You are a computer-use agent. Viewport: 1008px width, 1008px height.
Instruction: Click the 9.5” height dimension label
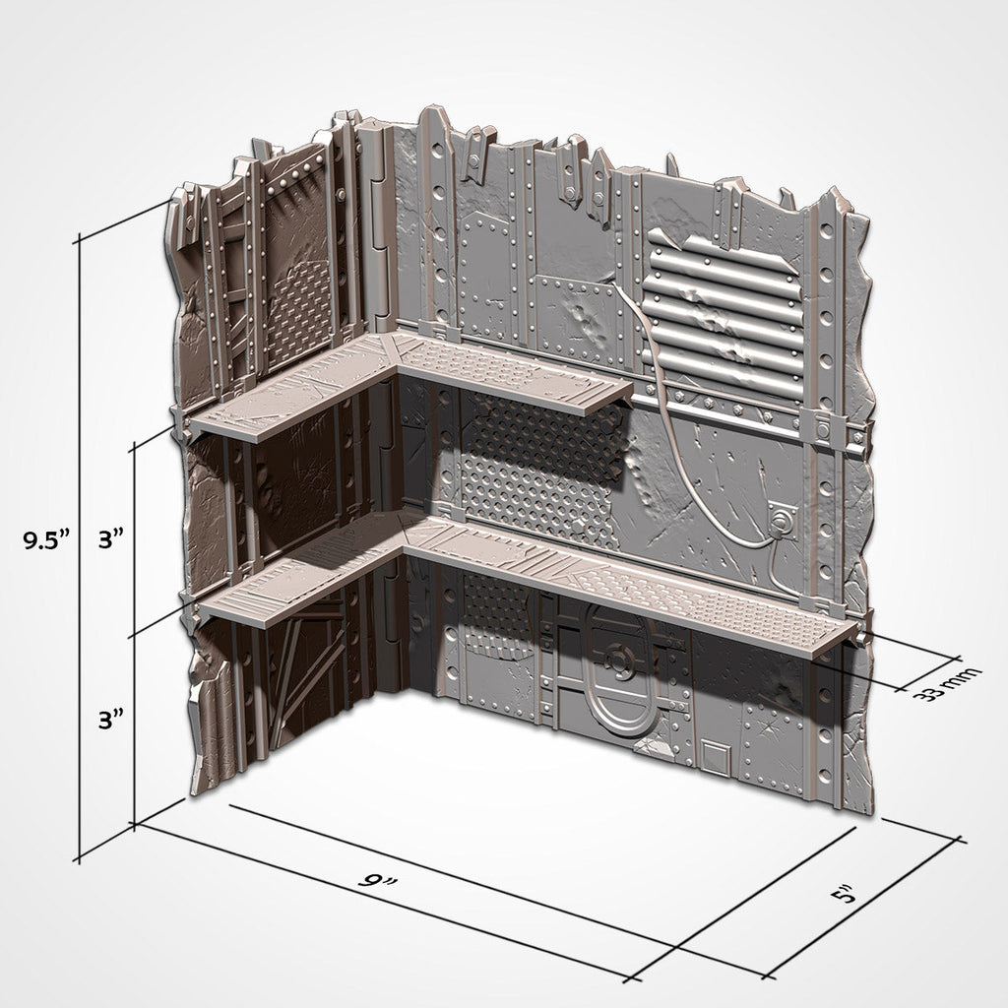tap(48, 539)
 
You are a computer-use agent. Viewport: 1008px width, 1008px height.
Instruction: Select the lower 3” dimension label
tap(109, 720)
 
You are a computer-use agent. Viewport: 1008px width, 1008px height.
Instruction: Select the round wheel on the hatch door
tap(617, 661)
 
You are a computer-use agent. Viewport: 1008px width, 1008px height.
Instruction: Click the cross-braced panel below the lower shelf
tap(295, 679)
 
